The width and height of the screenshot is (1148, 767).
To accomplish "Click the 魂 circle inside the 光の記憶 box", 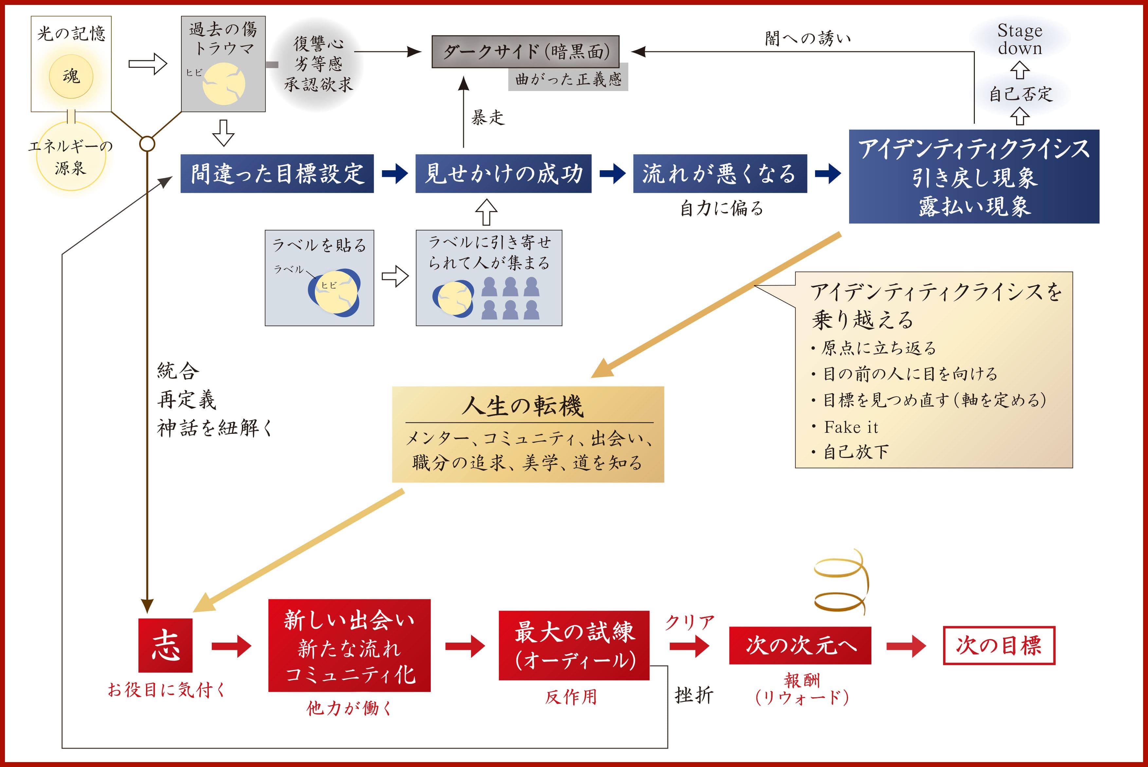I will click(71, 77).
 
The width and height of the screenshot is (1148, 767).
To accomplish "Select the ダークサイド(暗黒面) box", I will click(525, 51).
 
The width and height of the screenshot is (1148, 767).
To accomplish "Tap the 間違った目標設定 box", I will click(277, 173).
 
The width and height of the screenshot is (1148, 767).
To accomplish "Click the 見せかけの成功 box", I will click(503, 173).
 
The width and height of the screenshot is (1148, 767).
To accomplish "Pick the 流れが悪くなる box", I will click(720, 173).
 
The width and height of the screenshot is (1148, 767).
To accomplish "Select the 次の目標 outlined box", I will click(999, 645).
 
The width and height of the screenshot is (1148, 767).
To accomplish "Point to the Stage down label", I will click(1020, 39).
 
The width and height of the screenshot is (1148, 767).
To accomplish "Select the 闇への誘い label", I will click(808, 38).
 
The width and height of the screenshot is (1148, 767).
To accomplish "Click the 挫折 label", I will click(694, 695).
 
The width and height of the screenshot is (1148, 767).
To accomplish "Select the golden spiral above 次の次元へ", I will click(841, 582).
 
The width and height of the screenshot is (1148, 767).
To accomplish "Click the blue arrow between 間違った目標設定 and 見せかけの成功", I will click(394, 173).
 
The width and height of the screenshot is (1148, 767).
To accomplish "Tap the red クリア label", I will click(690, 623).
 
